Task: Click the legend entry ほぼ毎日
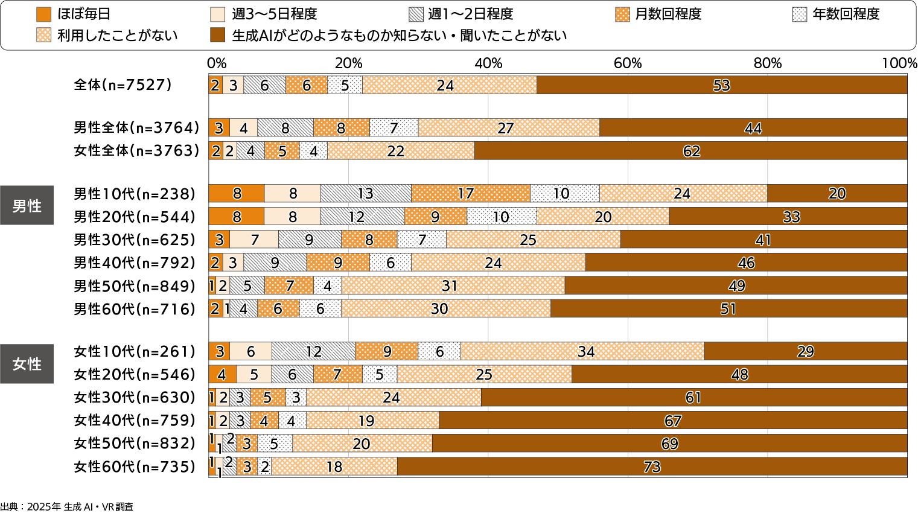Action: coord(74,14)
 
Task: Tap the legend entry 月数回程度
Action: coord(658,14)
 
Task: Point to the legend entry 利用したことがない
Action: coord(107,36)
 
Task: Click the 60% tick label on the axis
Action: coord(628,63)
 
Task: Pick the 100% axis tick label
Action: coord(899,63)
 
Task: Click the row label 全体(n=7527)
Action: coord(123,85)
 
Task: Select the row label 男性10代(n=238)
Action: coord(135,194)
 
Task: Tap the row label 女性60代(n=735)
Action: coord(135,467)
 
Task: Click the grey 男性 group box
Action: coord(27,205)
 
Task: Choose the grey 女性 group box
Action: coord(27,363)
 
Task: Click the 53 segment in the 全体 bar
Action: coord(721,85)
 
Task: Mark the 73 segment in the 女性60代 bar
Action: coord(652,467)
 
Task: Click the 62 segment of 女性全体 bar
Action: coord(691,151)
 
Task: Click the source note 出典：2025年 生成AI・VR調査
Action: coord(67,507)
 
